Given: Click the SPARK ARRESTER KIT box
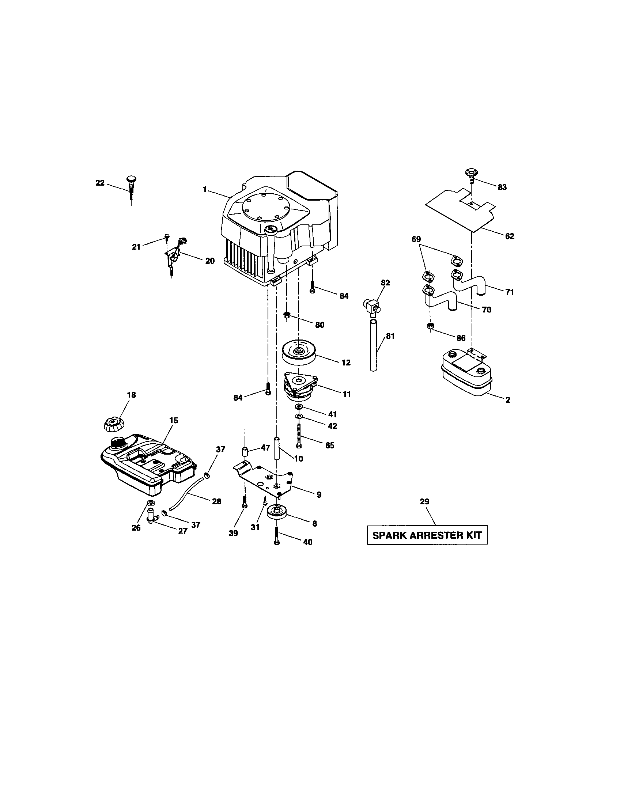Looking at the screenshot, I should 427,535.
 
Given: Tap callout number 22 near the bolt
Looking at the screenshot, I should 100,183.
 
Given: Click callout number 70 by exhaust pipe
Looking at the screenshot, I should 486,310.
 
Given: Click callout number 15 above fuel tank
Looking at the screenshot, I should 173,420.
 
